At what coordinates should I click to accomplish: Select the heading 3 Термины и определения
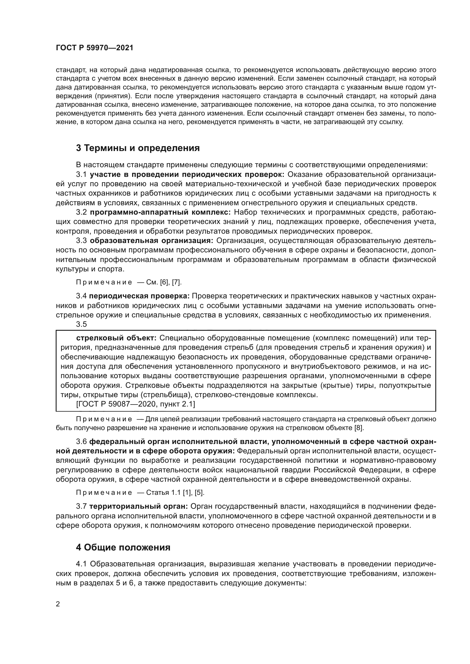[138, 148]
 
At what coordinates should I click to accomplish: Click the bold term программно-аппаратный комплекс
[160, 212]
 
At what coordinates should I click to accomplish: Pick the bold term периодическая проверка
[139, 296]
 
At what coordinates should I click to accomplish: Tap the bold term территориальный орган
[139, 506]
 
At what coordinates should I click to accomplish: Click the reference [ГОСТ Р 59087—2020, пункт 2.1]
[136, 404]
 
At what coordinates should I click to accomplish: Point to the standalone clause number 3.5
[81, 324]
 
